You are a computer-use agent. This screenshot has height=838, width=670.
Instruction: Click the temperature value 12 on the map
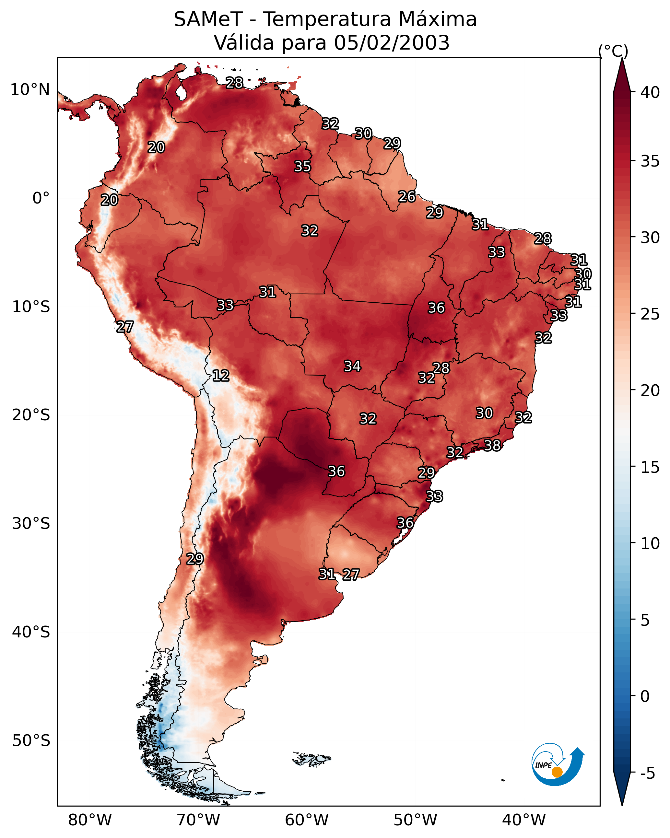(221, 376)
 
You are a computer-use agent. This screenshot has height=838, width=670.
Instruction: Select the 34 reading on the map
(352, 366)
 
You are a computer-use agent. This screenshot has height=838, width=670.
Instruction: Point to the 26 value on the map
(407, 197)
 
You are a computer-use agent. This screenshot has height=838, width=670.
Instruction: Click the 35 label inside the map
(302, 166)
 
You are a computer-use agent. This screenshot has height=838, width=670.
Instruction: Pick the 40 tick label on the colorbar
(650, 92)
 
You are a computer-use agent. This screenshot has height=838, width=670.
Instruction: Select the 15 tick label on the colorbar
(650, 467)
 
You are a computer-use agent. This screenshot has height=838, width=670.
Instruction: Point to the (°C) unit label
(613, 51)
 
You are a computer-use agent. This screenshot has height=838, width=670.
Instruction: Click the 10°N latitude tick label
(30, 90)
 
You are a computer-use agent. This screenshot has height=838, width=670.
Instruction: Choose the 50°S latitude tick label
(31, 741)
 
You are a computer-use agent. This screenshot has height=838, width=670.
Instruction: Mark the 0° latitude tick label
(41, 198)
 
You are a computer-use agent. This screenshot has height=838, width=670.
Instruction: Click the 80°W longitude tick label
(90, 820)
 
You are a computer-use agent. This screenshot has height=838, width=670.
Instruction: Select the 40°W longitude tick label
(524, 820)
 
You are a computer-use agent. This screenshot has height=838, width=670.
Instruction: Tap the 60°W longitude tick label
(307, 820)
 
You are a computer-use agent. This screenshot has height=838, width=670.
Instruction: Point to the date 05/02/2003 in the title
(392, 42)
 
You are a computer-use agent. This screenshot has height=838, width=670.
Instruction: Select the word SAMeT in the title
(208, 19)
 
